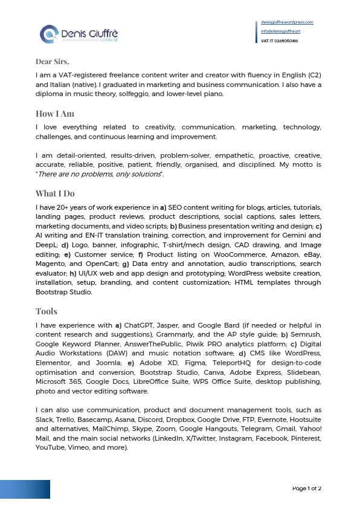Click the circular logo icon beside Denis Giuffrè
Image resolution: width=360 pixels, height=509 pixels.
coord(49,34)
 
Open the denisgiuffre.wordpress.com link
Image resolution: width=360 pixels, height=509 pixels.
coord(287,22)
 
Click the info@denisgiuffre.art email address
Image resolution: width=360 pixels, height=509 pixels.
coord(281,31)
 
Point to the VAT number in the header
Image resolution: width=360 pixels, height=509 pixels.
coord(279,41)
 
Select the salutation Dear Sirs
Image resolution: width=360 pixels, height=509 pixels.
coord(53,61)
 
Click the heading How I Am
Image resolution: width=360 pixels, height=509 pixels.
coord(55,114)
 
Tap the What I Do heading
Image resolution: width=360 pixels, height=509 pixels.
coord(55,193)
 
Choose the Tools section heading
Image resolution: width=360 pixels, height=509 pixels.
coord(47,311)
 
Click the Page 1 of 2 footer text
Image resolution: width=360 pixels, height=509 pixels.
coord(307,488)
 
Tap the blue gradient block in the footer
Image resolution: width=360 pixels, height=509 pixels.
coord(25,489)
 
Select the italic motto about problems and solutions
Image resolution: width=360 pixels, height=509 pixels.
coord(100,174)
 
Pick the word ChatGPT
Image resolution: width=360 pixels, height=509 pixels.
coord(142,325)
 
